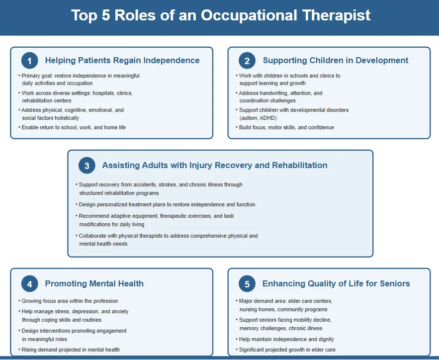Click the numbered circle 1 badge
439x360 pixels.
pyautogui.click(x=30, y=61)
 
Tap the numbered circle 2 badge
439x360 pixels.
pyautogui.click(x=247, y=61)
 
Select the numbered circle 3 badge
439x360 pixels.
pyautogui.click(x=87, y=166)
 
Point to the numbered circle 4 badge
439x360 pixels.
pyautogui.click(x=30, y=284)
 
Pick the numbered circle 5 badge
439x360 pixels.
pyautogui.click(x=247, y=284)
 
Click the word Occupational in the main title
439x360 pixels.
pyautogui.click(x=249, y=15)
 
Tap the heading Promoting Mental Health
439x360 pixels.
pyautogui.click(x=94, y=283)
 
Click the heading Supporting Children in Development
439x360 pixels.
pyautogui.click(x=336, y=60)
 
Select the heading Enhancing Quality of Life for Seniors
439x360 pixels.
pyautogui.click(x=336, y=283)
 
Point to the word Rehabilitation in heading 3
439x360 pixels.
pyautogui.click(x=300, y=165)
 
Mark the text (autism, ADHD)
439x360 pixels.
pyautogui.click(x=258, y=118)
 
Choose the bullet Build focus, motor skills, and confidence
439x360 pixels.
pyautogui.click(x=285, y=127)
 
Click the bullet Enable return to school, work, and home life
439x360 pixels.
pyautogui.click(x=72, y=127)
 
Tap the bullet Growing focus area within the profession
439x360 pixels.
pyautogui.click(x=68, y=301)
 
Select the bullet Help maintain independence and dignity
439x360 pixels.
pyautogui.click(x=285, y=339)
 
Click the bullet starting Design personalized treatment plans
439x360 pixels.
pyautogui.click(x=166, y=204)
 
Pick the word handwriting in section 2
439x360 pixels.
pyautogui.click(x=273, y=93)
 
